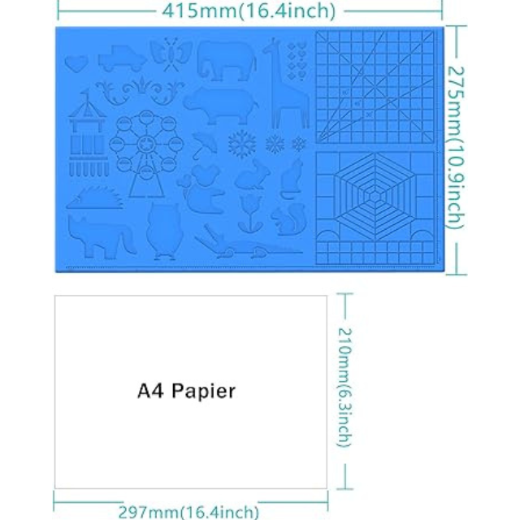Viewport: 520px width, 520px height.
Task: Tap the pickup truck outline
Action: (x=122, y=59)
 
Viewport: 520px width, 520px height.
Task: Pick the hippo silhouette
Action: (x=219, y=103)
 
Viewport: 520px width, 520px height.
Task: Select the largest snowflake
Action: (x=242, y=144)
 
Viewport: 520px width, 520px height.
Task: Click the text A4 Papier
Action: (x=186, y=392)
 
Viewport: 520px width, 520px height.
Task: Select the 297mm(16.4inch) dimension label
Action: (x=188, y=512)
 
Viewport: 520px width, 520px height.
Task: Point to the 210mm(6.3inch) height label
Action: (x=346, y=386)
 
